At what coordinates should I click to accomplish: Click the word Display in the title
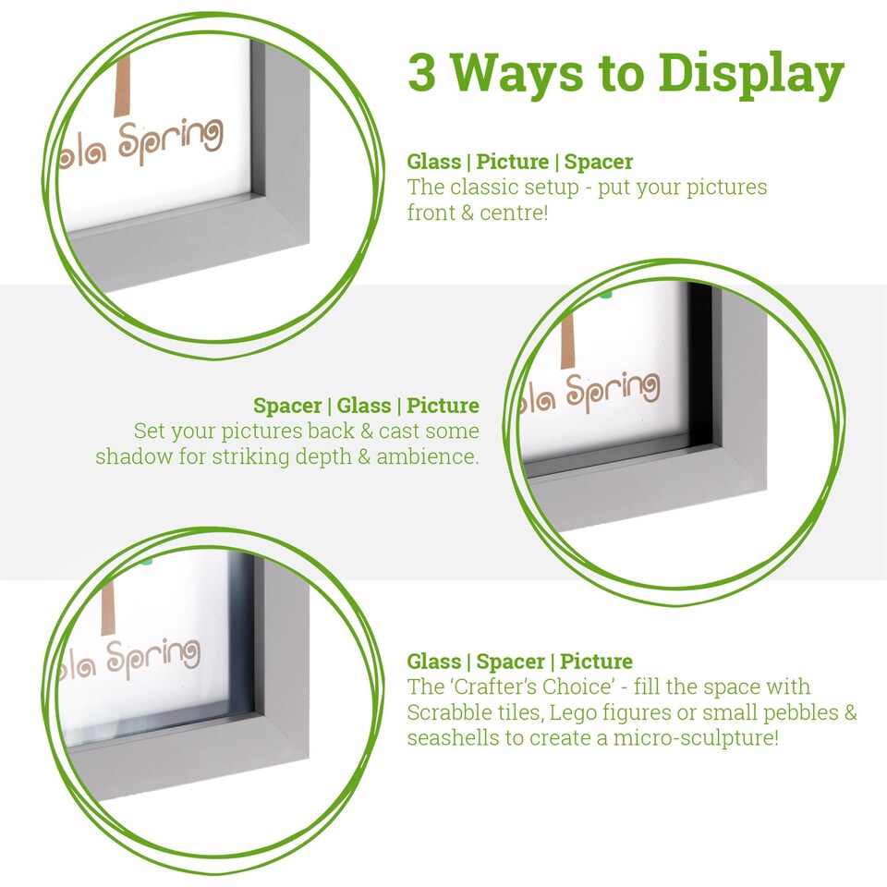pos(734,74)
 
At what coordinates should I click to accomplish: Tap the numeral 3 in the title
pos(422,74)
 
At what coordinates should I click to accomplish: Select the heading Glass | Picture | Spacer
pos(519,162)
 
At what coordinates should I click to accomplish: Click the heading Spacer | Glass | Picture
pos(366,406)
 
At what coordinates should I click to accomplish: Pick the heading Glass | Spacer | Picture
pos(519,662)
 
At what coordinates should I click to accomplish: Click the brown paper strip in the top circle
pos(121,88)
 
